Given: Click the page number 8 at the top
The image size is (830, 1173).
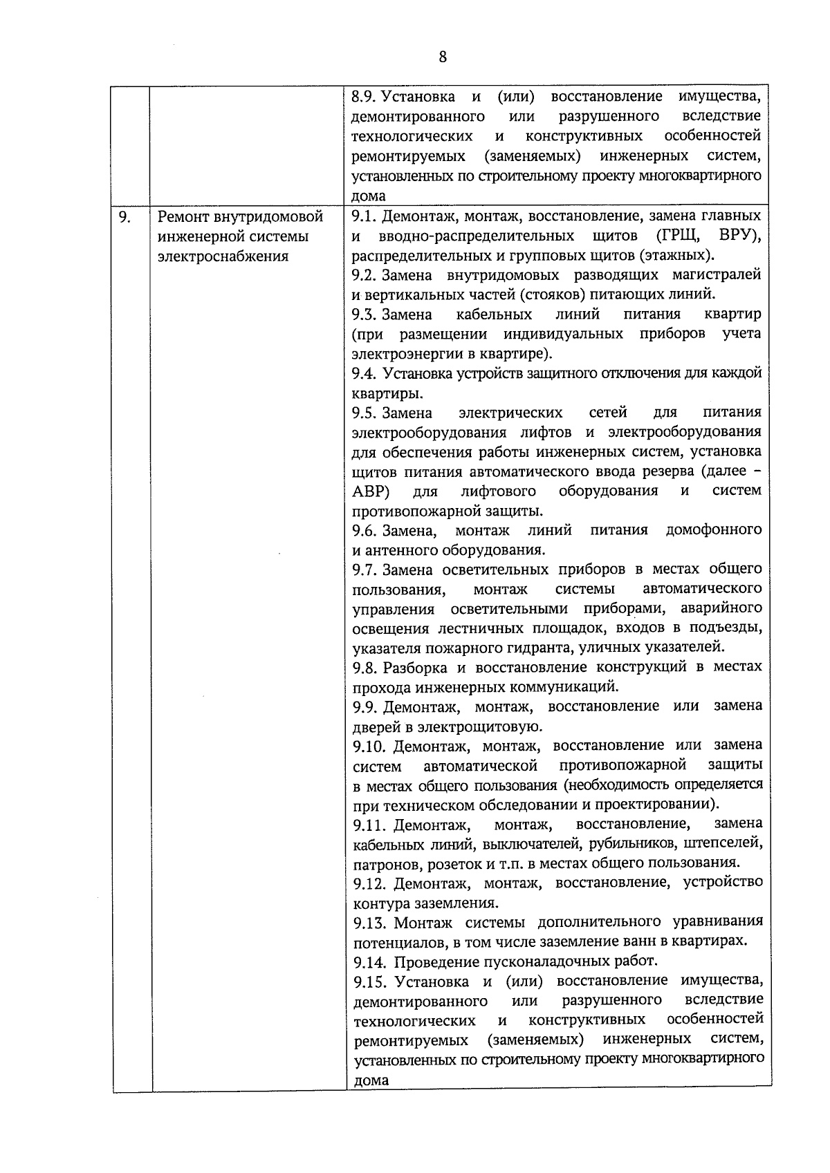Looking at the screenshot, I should pos(443,57).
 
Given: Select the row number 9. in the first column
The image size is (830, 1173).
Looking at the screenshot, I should pos(124,217).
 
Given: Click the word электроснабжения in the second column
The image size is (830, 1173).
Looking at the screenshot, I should pos(223,256).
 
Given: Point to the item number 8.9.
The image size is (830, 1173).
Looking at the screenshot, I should pos(364,96).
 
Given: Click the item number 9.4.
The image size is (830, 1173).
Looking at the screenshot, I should pos(364,374).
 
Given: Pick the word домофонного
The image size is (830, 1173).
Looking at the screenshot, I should pos(713,530).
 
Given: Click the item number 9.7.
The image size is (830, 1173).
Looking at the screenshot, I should pos(365,570).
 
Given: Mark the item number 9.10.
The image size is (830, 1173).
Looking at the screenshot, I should pos(368,746).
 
